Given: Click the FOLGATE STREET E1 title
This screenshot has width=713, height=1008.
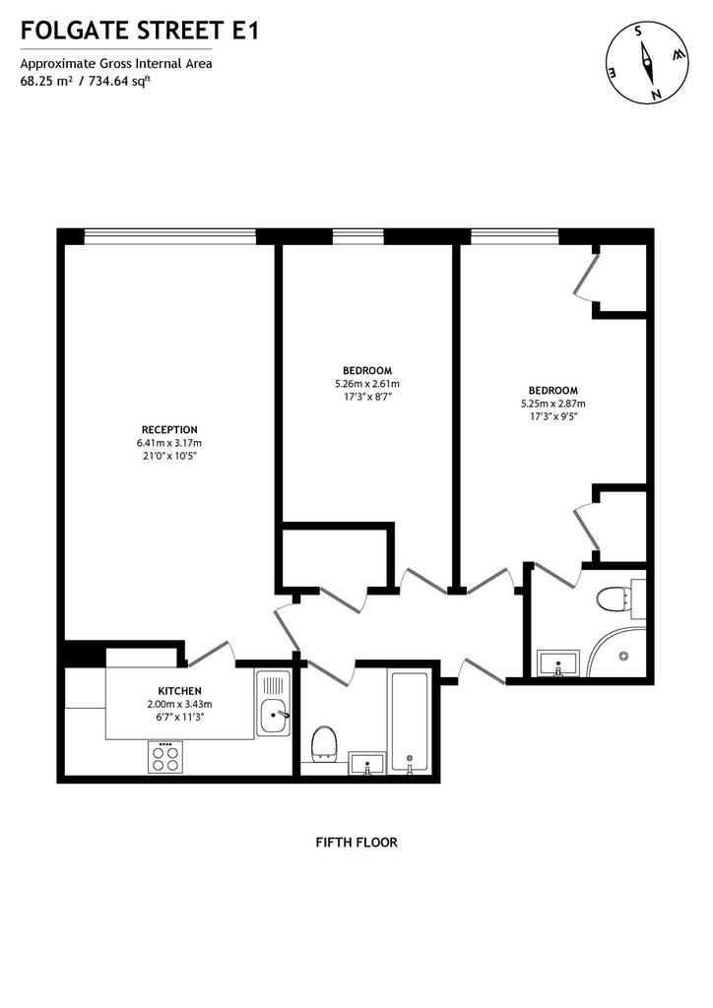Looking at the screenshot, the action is click(x=140, y=31).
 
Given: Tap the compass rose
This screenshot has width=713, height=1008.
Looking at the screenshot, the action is click(x=647, y=62).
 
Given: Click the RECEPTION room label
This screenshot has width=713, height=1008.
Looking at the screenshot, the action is click(x=169, y=429).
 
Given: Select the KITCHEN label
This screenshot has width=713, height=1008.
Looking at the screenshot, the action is click(x=180, y=690).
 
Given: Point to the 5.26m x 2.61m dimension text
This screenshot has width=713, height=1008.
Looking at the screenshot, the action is click(x=367, y=384).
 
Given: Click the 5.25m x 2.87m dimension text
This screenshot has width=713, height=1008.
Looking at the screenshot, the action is click(x=552, y=404).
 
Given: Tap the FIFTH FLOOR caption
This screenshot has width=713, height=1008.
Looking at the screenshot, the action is click(x=356, y=842).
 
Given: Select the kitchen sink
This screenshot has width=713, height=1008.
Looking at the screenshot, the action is click(x=273, y=703).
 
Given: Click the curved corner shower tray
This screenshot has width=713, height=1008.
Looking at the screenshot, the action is click(x=617, y=653).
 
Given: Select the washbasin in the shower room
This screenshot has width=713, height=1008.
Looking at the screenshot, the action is click(x=558, y=663).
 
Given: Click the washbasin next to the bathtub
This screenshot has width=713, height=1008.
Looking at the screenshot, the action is click(x=367, y=763).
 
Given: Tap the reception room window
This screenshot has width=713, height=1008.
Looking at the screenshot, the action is click(x=169, y=236).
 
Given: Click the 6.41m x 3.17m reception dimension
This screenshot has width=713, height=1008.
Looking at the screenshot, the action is click(x=169, y=443).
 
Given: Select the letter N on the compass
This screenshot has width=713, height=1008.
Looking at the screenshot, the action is click(x=657, y=95).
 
